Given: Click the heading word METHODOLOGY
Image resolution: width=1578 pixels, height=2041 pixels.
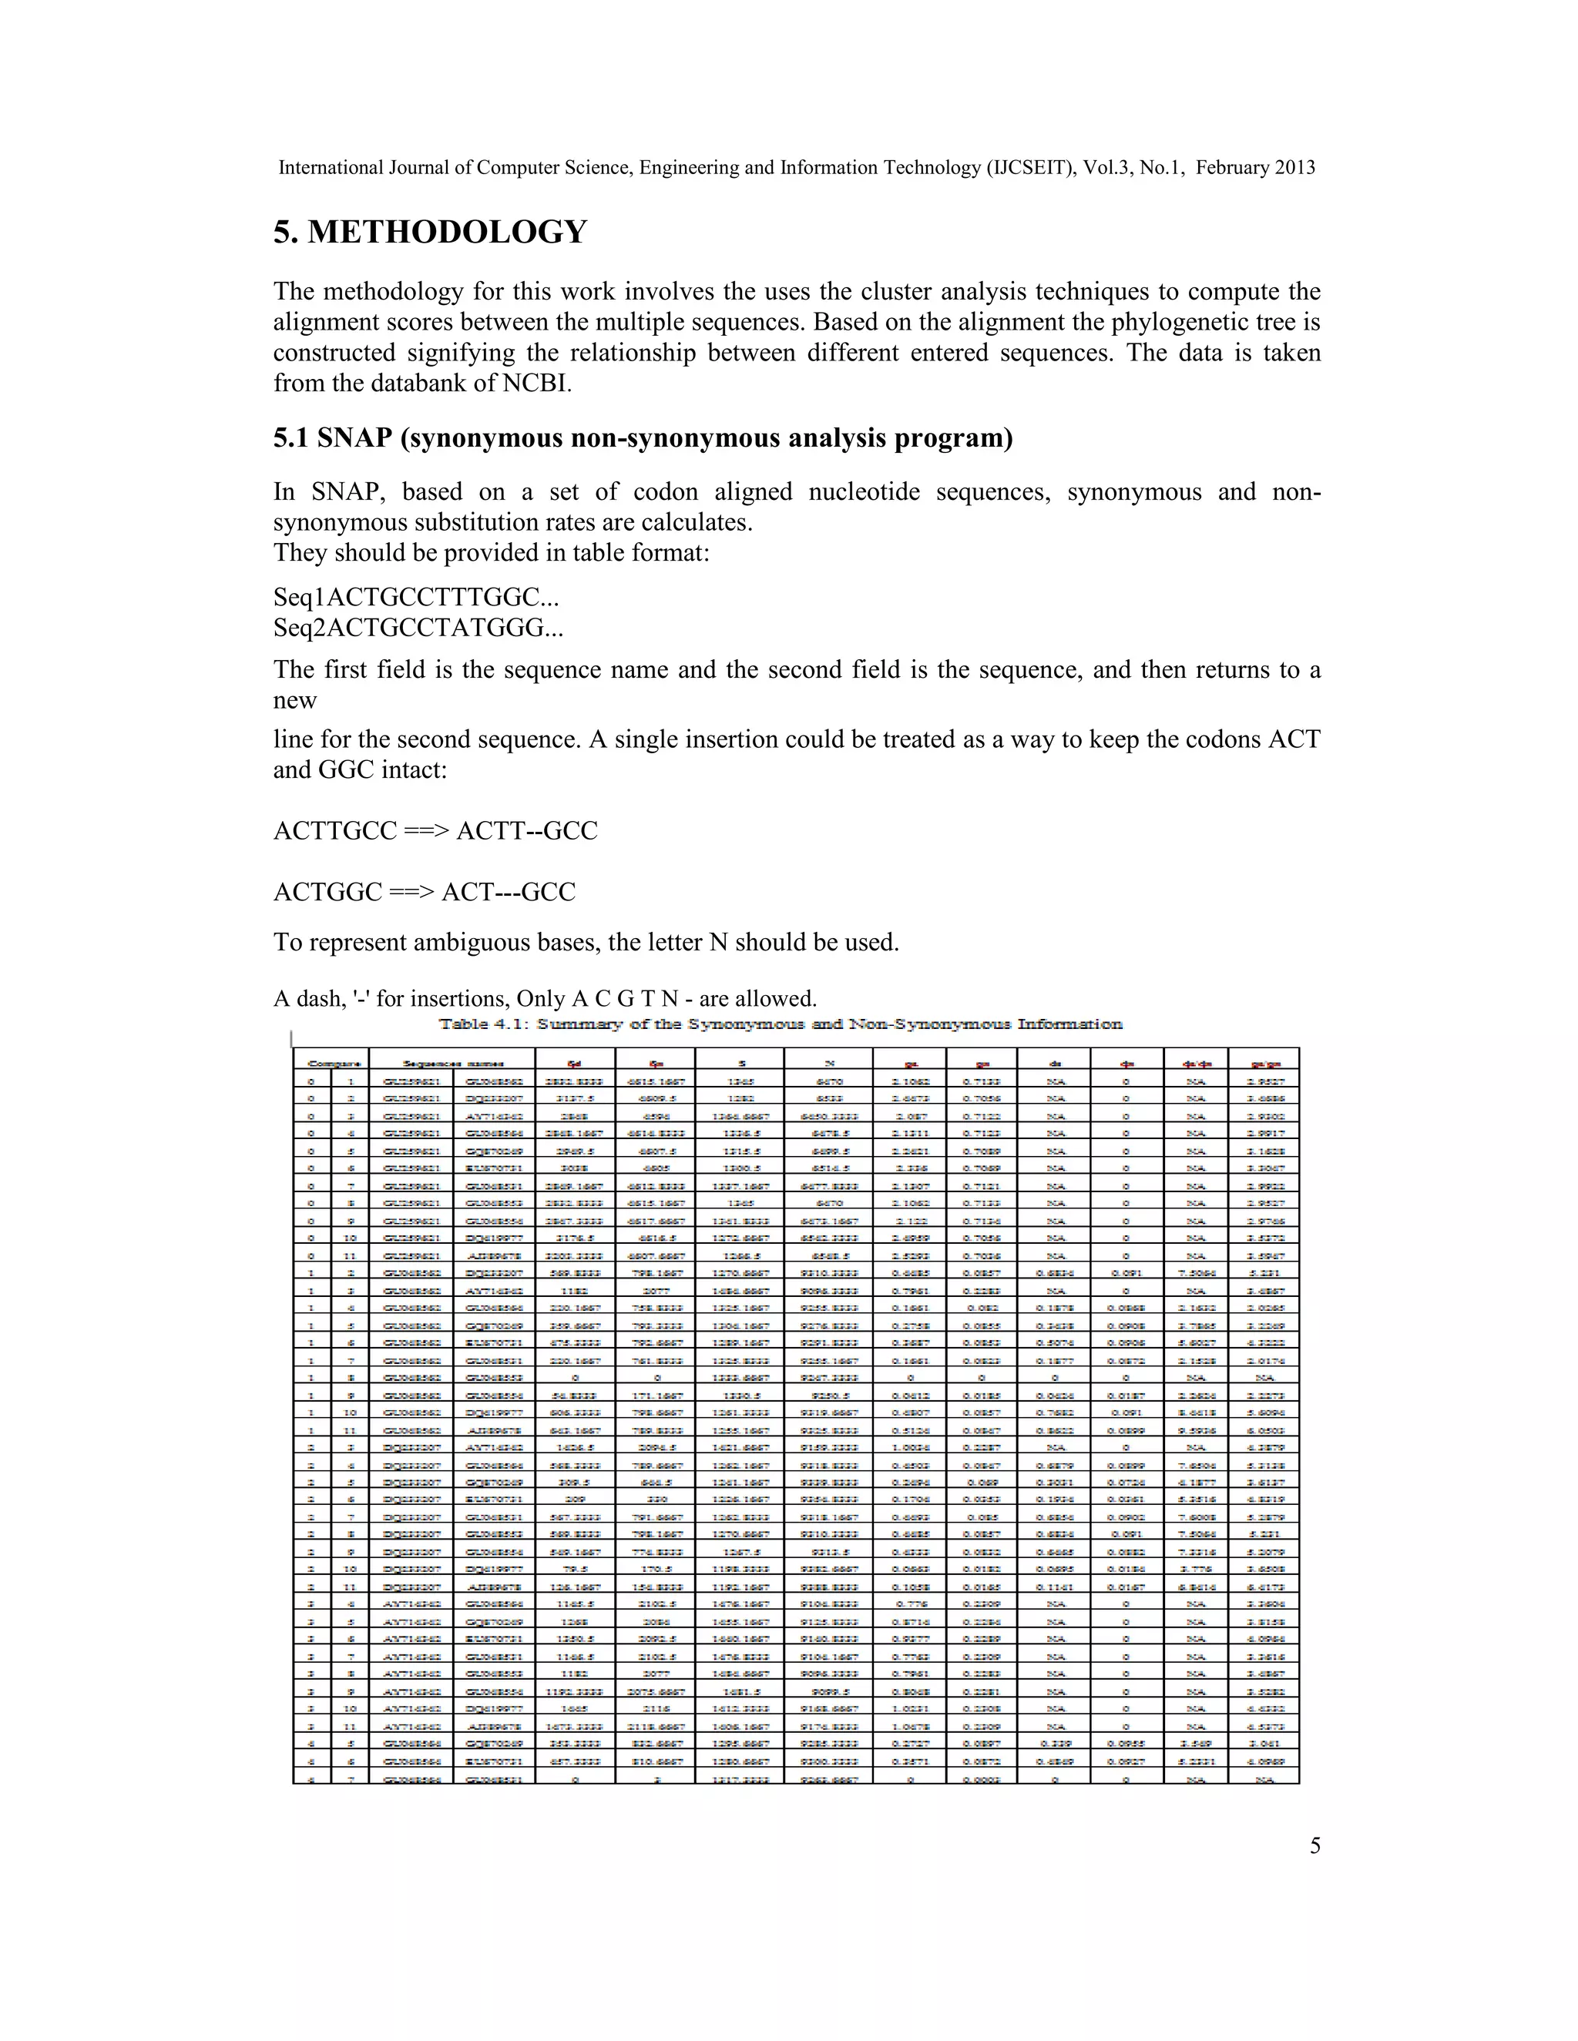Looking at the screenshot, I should click(x=447, y=232).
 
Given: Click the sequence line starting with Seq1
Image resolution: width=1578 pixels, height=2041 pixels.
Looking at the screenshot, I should click(x=416, y=597).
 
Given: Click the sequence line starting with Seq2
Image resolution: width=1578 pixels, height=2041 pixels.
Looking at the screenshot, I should click(x=418, y=628).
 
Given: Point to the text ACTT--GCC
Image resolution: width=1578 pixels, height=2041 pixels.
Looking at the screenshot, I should click(x=526, y=831).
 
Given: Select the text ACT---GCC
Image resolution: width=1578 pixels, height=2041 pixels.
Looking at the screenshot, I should click(x=509, y=893).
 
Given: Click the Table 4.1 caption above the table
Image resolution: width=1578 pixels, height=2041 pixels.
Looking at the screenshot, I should click(x=781, y=1024).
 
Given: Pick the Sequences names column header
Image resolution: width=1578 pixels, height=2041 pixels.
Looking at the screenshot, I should click(x=453, y=1064).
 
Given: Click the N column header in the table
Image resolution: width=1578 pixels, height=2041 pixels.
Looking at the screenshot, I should click(x=828, y=1064).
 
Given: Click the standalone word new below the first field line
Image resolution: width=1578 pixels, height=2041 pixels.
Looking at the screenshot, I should click(x=294, y=701).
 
